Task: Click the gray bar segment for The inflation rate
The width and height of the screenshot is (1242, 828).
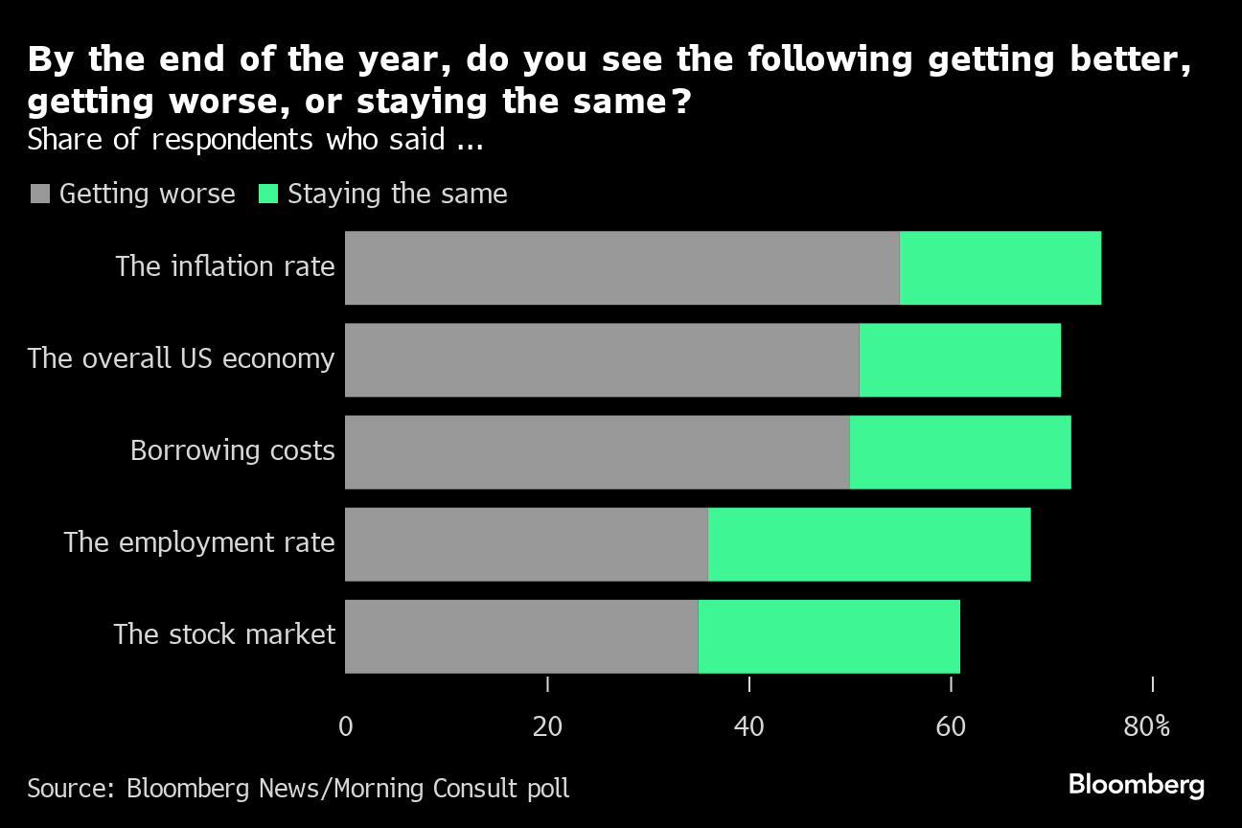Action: [x=622, y=267]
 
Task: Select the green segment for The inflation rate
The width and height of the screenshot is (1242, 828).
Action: [x=1000, y=267]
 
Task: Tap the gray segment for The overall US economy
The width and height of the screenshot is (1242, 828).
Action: [x=602, y=359]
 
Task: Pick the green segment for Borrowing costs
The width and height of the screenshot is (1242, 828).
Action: [x=959, y=451]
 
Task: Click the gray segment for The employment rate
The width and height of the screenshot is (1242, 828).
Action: [x=526, y=543]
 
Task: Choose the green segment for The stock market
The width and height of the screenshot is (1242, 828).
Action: [x=829, y=635]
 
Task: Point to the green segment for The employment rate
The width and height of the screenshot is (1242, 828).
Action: [x=869, y=543]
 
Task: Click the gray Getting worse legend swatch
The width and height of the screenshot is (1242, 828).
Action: [x=39, y=195]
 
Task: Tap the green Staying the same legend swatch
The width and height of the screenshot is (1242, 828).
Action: [x=268, y=195]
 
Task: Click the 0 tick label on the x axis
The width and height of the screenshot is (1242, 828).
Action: [x=345, y=726]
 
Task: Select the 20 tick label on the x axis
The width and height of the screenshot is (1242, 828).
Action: [x=547, y=726]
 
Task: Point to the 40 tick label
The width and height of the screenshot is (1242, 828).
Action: [x=748, y=726]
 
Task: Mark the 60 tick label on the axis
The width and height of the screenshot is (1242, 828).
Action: [x=951, y=726]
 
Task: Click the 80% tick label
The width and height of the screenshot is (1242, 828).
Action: [x=1147, y=726]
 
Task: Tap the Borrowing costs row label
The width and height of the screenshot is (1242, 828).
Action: [x=233, y=450]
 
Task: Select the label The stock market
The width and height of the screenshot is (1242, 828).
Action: [x=224, y=634]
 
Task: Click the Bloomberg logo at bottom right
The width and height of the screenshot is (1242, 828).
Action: [x=1137, y=785]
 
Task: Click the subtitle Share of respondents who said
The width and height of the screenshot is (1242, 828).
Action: [x=254, y=140]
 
